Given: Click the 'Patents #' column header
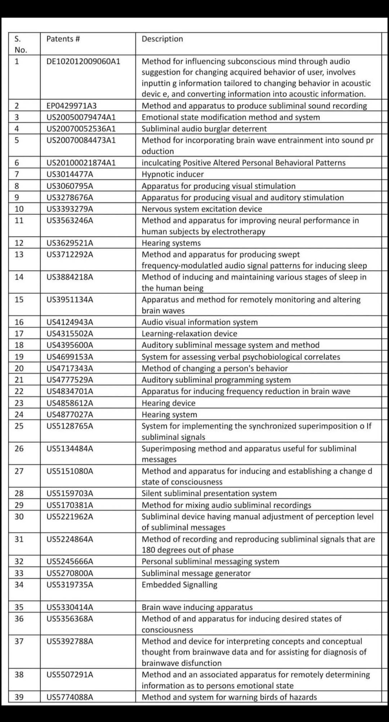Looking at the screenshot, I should (63, 39).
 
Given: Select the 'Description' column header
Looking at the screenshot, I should (162, 39).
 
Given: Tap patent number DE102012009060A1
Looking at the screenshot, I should (83, 61).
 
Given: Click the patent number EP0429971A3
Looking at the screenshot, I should (71, 106).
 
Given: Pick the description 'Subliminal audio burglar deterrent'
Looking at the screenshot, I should (204, 129).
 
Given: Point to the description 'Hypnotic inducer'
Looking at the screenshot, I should (173, 174).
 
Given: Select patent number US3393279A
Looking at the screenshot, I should (70, 209).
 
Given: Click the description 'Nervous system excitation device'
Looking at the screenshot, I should (202, 209).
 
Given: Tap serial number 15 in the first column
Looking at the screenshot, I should (19, 300).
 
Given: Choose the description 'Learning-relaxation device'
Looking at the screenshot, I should (189, 334).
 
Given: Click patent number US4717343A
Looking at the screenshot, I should (70, 368).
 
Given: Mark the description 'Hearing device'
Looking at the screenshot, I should (168, 403).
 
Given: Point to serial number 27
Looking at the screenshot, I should (19, 471).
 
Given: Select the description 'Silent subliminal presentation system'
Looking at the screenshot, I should (209, 493).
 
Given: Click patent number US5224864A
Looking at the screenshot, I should (70, 539).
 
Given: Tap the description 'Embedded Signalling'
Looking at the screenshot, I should (179, 585).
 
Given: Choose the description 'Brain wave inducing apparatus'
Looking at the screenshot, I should (197, 607).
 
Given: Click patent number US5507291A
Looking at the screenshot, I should (70, 675).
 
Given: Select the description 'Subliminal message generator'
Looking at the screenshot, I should (196, 573).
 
